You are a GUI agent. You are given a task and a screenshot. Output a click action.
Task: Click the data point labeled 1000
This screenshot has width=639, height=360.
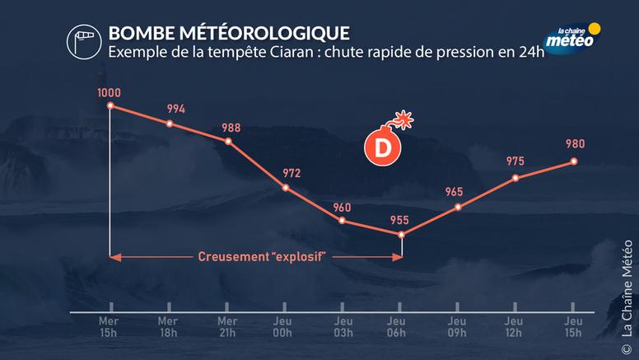point(110,105)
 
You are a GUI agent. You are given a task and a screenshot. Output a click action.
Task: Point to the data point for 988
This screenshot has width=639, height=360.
point(228,141)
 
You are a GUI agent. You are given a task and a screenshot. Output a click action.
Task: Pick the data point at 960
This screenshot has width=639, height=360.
point(342,221)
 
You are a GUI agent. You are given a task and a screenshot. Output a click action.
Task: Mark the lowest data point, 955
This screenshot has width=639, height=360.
point(401,235)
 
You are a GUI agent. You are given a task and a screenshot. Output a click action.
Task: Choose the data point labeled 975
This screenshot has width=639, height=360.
point(515,177)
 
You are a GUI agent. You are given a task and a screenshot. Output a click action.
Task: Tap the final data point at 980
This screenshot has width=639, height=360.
point(573,161)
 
